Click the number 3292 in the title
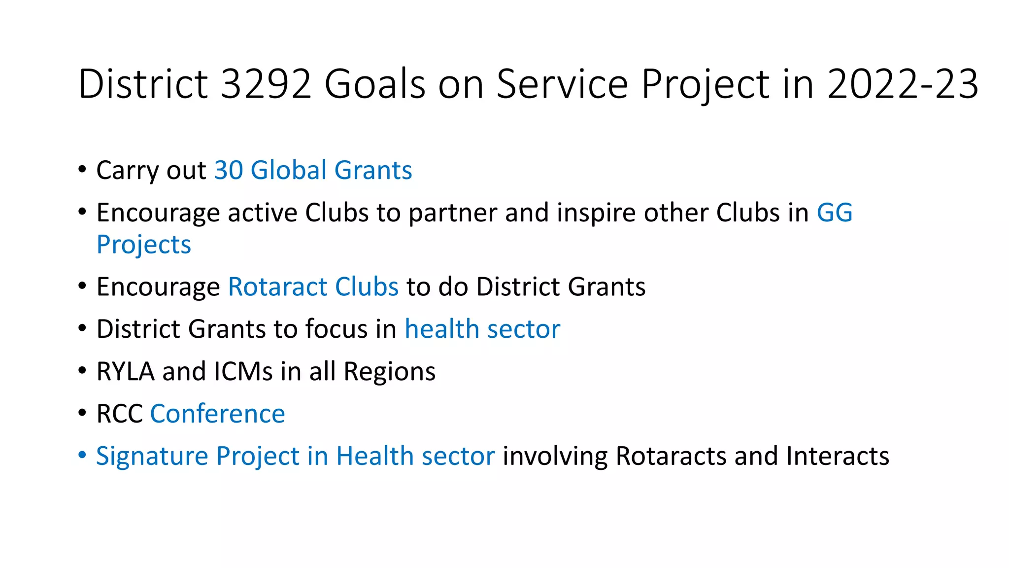[266, 84]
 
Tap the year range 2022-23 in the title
[903, 84]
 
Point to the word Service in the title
[562, 84]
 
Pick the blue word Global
[289, 171]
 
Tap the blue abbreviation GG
[835, 213]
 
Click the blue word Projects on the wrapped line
[143, 245]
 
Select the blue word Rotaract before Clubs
[277, 287]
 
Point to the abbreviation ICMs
[243, 372]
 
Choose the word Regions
[389, 372]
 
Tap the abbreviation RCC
[119, 414]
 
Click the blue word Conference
[217, 414]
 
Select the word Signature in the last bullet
[152, 457]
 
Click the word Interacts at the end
[838, 457]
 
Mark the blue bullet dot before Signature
[82, 455]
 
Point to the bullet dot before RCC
[82, 412]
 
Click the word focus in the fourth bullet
[336, 329]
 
